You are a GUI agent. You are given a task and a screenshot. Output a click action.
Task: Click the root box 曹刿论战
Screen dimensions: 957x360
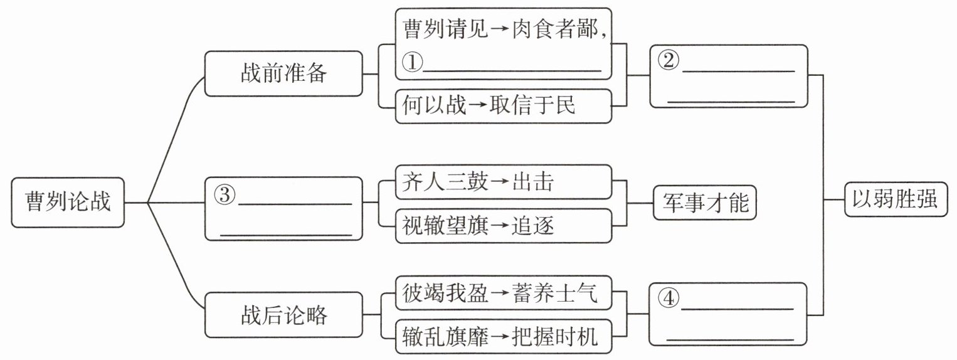pyautogui.click(x=68, y=203)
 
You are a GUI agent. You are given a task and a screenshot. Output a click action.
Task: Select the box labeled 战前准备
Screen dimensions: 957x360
pyautogui.click(x=283, y=73)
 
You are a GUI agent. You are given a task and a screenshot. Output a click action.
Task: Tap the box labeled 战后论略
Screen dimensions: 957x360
pyautogui.click(x=283, y=315)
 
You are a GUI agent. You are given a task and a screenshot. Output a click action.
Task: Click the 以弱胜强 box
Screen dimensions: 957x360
pyautogui.click(x=896, y=199)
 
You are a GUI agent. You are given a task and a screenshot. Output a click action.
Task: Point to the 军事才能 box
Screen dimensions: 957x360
pyautogui.click(x=705, y=203)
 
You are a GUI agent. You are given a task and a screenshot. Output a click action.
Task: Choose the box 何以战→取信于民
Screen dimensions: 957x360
pyautogui.click(x=504, y=106)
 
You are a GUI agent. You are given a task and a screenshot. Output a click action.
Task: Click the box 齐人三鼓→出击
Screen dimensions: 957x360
pyautogui.click(x=504, y=182)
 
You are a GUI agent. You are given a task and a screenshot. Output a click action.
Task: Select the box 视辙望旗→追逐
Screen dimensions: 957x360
pyautogui.click(x=504, y=226)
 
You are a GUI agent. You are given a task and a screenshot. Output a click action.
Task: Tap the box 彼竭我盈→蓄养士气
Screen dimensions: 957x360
pyautogui.click(x=504, y=293)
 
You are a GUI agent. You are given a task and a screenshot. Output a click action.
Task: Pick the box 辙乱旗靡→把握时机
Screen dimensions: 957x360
pyautogui.click(x=504, y=337)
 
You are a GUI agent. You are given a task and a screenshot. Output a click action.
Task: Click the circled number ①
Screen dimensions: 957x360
pyautogui.click(x=412, y=62)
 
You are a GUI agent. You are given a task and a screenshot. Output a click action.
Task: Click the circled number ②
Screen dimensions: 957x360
pyautogui.click(x=668, y=60)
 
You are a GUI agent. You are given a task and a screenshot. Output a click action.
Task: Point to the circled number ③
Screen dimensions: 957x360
pyautogui.click(x=225, y=194)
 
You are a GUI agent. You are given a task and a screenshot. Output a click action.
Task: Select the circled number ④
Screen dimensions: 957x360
pyautogui.click(x=668, y=298)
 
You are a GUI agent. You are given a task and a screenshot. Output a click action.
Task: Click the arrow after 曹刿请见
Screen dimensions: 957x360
pyautogui.click(x=500, y=30)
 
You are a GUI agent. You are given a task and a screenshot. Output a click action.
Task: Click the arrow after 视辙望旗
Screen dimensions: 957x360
pyautogui.click(x=500, y=226)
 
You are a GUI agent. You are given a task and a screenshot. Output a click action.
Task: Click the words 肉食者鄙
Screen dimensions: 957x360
pyautogui.click(x=554, y=29)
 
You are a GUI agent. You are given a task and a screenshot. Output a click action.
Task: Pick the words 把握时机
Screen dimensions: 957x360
pyautogui.click(x=554, y=337)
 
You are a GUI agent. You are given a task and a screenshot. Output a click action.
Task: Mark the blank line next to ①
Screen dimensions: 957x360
pyautogui.click(x=512, y=70)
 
